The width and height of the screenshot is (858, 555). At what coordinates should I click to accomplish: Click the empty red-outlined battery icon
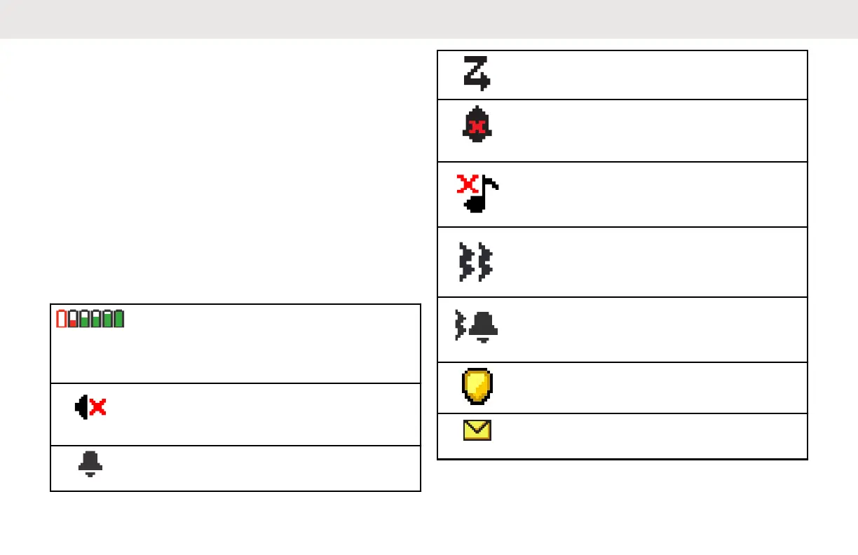coord(61,319)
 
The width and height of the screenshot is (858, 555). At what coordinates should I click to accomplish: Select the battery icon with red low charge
coord(72,319)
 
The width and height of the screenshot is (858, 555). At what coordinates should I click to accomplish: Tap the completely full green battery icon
coord(118,319)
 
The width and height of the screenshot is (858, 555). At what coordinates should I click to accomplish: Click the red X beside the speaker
coord(98,407)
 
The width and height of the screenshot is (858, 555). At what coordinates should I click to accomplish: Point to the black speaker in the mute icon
coord(82,407)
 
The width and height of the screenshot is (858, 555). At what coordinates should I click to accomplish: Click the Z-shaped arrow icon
coord(477,74)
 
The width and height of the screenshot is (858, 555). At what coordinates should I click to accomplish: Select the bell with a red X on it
coord(477,126)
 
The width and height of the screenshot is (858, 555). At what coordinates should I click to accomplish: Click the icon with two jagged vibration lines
coord(475,261)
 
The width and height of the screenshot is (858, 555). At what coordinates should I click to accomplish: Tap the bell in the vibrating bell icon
coord(483,326)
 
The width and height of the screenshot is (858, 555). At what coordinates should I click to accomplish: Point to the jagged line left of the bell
coord(460,327)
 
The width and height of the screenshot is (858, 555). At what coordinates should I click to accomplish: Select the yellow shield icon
coord(477,387)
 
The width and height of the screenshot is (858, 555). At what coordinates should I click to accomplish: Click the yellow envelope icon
coord(477,430)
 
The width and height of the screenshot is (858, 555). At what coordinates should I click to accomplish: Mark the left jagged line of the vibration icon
coord(465,261)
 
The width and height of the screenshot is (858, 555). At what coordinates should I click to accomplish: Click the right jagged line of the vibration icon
coord(484,261)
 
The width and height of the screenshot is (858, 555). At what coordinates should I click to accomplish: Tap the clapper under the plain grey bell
coord(90,474)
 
